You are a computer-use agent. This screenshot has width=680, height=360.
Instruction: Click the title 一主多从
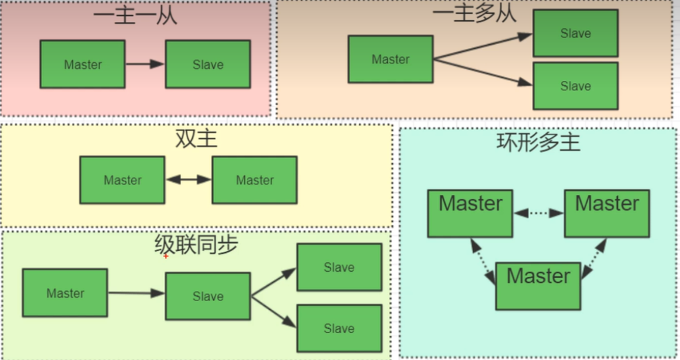tap(475, 13)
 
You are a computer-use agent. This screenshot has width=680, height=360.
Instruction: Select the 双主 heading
tap(196, 139)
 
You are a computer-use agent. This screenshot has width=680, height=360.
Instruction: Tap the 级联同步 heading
tap(196, 245)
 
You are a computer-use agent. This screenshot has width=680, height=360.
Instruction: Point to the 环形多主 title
tap(538, 142)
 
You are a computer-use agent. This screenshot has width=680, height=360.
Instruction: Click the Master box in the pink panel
tap(82, 64)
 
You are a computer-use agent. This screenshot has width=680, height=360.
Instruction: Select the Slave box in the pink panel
tap(208, 64)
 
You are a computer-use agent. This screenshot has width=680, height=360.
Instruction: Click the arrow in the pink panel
tap(145, 64)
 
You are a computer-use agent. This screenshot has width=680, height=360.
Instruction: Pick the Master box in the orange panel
tap(390, 59)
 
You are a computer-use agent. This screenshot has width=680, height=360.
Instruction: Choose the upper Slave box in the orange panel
tap(576, 33)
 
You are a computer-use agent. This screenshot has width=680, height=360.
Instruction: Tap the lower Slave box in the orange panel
tap(576, 86)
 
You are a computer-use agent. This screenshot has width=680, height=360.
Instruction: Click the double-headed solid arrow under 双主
tap(188, 180)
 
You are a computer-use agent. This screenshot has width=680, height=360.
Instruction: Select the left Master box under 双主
tap(122, 180)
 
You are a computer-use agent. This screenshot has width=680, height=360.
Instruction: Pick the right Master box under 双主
tap(254, 180)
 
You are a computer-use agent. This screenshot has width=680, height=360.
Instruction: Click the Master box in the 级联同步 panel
tap(65, 293)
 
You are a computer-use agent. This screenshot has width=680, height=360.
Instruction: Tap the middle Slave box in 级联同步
tap(208, 296)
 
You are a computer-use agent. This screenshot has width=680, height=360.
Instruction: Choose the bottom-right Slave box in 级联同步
tap(339, 329)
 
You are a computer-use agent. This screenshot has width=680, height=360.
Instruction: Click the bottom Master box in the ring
tap(538, 286)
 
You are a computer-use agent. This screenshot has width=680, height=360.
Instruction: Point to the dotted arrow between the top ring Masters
tap(538, 213)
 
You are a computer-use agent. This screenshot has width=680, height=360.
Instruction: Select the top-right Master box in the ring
tap(606, 213)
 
